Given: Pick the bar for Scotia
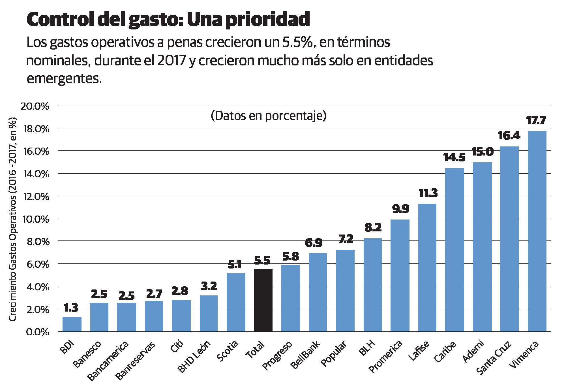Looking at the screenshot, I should tap(236, 302).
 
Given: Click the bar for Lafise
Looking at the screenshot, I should tap(427, 267).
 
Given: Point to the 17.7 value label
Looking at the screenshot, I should tap(536, 121).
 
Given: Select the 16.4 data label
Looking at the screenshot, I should tap(509, 136).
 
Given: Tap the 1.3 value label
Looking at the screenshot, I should tap(71, 308).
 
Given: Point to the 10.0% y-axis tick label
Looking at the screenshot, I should tap(35, 219).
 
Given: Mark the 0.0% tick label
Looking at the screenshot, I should tap(37, 332).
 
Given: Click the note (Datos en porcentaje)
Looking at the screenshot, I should tap(268, 116).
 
